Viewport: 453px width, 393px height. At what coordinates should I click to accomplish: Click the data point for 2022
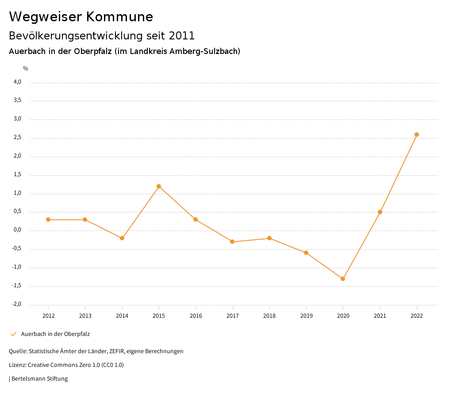click(x=417, y=135)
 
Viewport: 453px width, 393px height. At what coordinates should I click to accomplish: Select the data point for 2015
click(x=159, y=186)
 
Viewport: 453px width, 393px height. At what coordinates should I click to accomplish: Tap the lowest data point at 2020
click(x=343, y=279)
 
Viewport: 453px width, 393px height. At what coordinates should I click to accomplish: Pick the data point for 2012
click(x=48, y=220)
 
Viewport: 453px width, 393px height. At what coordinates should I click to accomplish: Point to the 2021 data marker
click(x=380, y=212)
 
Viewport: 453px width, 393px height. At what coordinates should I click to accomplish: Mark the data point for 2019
click(x=306, y=253)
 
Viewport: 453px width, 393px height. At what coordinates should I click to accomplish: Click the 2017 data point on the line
click(x=232, y=242)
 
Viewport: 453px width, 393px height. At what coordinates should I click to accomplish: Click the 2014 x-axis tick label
click(x=122, y=316)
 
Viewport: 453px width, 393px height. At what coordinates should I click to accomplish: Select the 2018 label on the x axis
click(x=269, y=316)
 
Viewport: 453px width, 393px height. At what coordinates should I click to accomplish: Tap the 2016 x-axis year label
click(x=196, y=316)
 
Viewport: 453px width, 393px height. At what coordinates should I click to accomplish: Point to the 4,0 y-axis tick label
click(x=18, y=82)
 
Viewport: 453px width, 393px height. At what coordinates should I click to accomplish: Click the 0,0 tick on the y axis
click(x=18, y=230)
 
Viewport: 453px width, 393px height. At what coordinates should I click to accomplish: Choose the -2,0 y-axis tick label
click(x=17, y=304)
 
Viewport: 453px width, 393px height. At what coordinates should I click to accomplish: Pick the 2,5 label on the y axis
click(x=18, y=138)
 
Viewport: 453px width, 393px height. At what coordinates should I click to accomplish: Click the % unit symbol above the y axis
click(x=26, y=68)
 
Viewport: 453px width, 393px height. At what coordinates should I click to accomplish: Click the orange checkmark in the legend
click(x=13, y=334)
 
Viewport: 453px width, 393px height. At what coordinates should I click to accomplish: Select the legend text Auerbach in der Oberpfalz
click(x=55, y=334)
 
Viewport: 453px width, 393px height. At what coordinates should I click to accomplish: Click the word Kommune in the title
click(x=119, y=17)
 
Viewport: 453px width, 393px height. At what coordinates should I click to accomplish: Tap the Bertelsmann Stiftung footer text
click(x=39, y=379)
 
